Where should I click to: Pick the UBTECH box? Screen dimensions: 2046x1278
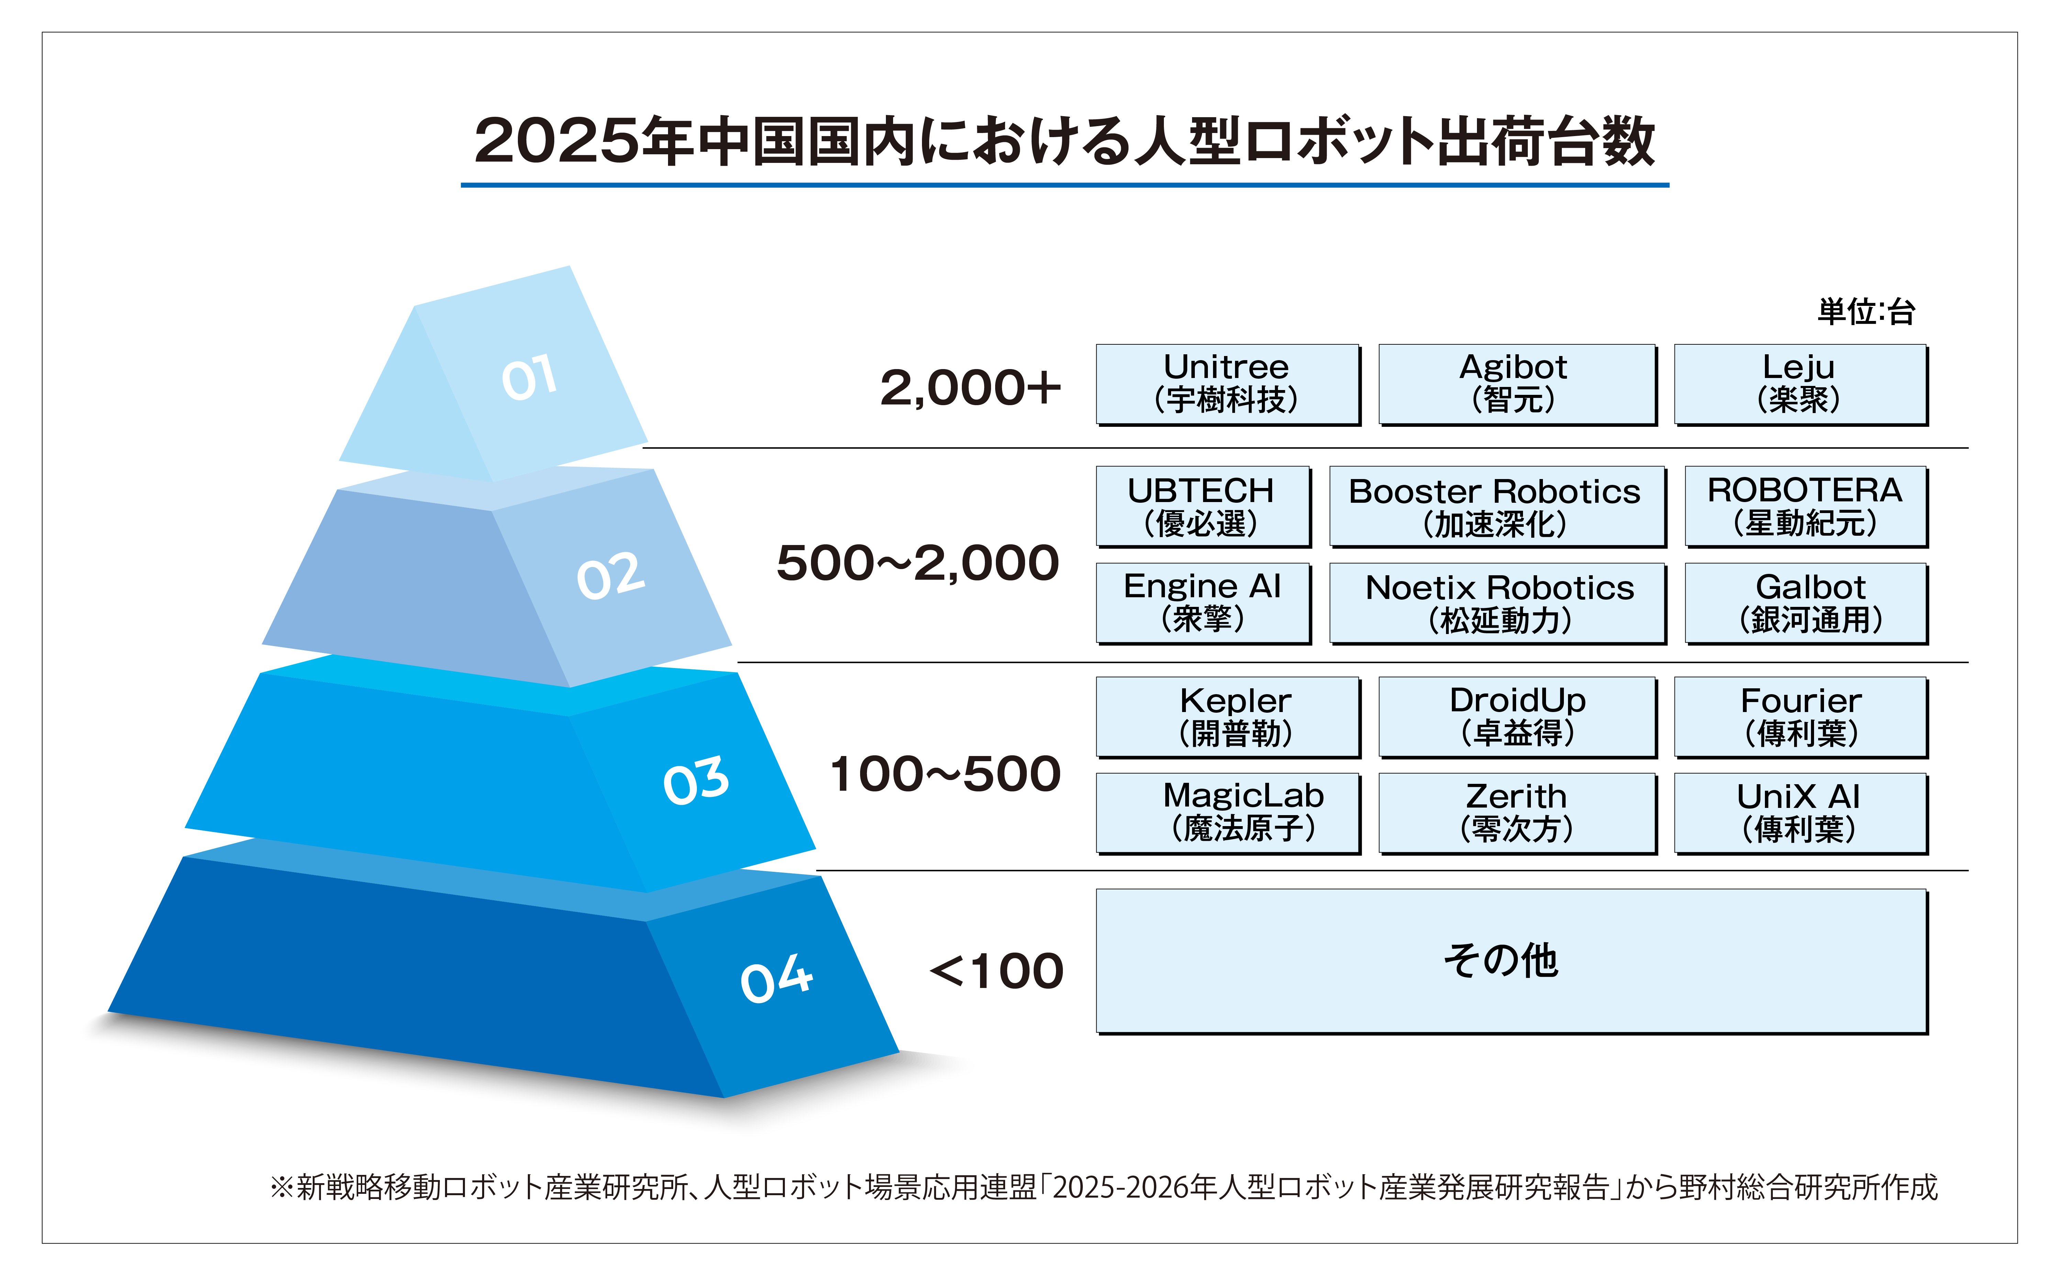(1203, 506)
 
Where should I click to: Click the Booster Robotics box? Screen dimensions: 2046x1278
(1498, 506)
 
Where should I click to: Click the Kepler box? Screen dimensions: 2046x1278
(1228, 717)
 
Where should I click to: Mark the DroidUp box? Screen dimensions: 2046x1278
(1517, 717)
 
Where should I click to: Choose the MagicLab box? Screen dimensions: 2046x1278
(1228, 813)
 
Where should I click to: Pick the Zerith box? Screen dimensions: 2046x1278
(1517, 813)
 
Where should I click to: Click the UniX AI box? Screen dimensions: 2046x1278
(1801, 813)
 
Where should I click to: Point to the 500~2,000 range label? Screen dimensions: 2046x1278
(918, 563)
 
